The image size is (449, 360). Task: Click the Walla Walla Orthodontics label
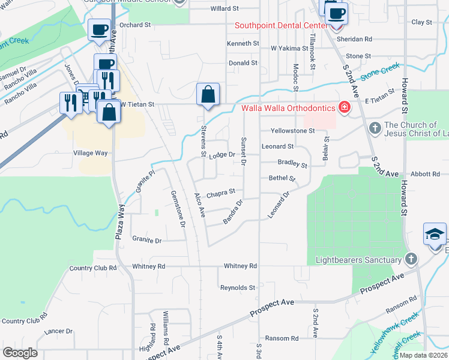(x=289, y=109)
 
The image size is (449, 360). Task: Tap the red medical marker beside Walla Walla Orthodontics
(x=345, y=108)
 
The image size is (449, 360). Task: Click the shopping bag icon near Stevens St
(x=208, y=95)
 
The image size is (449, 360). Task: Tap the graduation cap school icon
(x=435, y=234)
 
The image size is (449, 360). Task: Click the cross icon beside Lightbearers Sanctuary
(x=411, y=259)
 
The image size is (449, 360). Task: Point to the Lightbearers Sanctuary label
(x=358, y=260)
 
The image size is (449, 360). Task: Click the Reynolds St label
(x=238, y=288)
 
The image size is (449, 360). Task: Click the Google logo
(x=20, y=353)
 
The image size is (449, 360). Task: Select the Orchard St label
(x=134, y=25)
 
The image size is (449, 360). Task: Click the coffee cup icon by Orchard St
(x=99, y=29)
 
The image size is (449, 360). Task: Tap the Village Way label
(x=90, y=153)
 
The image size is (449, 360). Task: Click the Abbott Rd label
(x=426, y=174)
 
